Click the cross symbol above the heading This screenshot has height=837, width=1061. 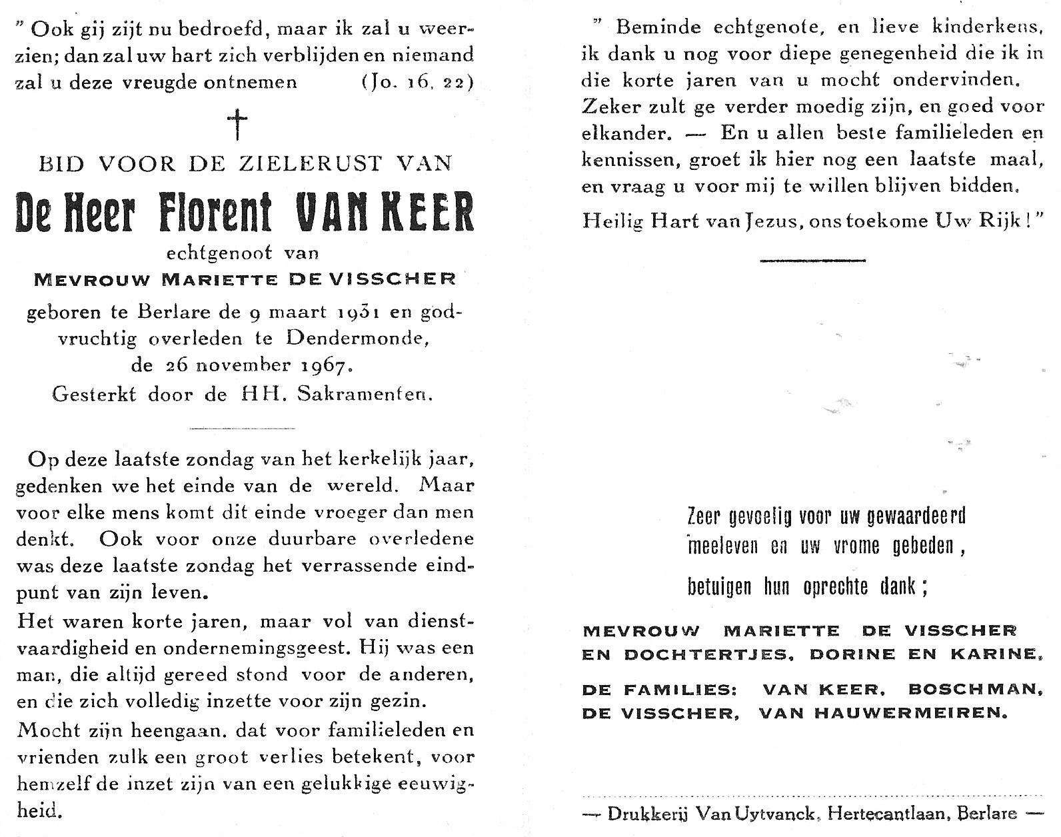(x=237, y=125)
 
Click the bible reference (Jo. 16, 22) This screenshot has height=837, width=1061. (x=417, y=82)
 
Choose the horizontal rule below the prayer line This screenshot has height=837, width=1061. (x=812, y=260)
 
